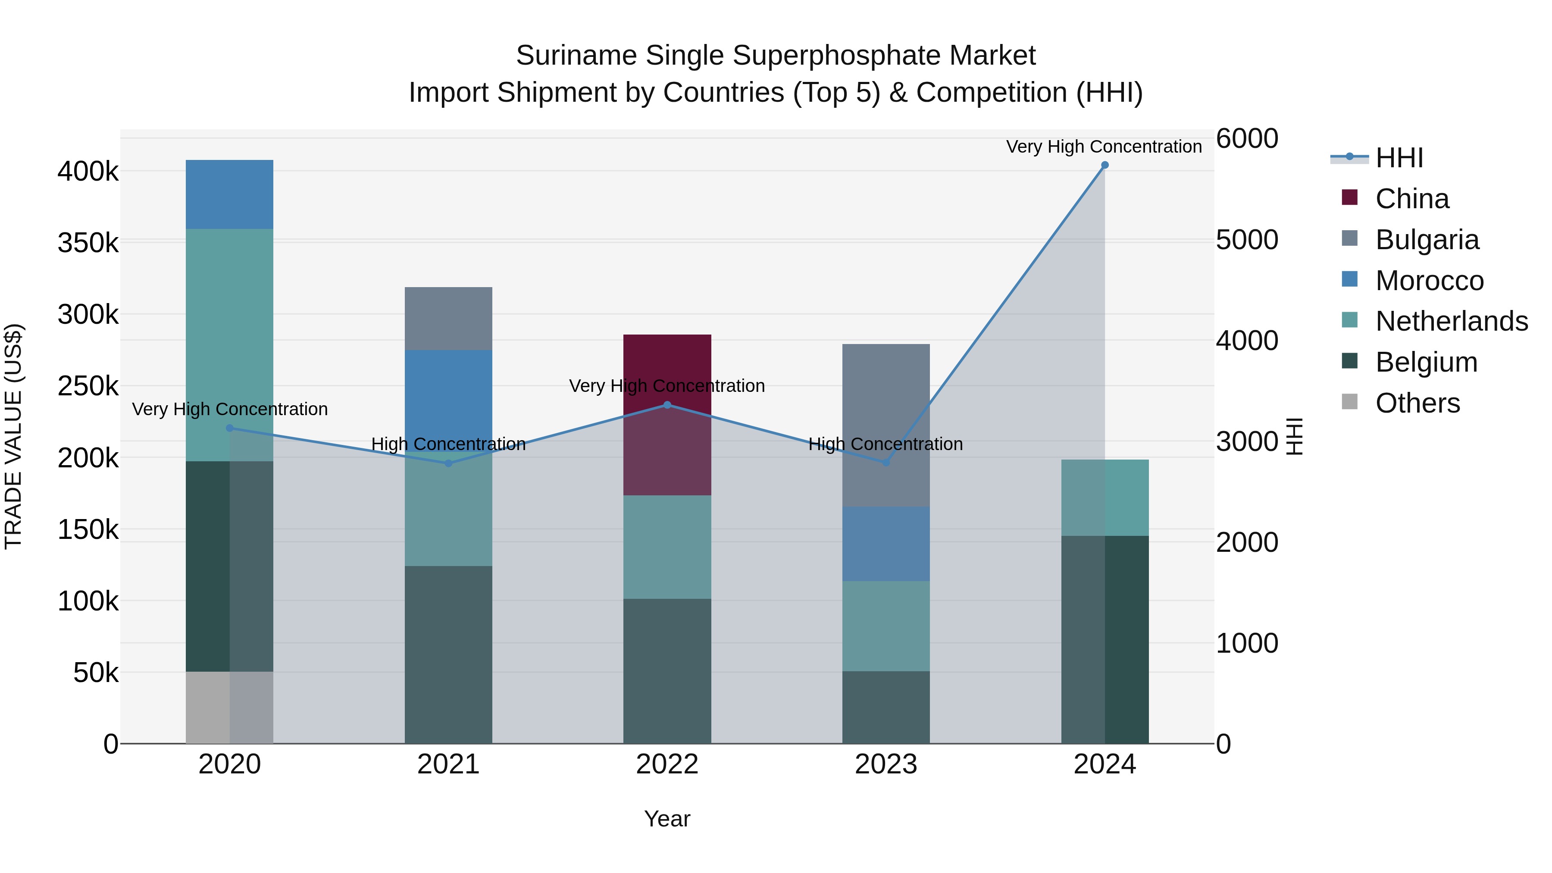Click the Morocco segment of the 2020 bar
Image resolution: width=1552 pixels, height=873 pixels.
pos(229,194)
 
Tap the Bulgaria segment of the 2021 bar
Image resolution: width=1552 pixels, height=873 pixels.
pos(448,318)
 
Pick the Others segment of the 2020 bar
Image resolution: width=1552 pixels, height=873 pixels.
pos(229,707)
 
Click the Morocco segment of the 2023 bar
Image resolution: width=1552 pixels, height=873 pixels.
pos(886,544)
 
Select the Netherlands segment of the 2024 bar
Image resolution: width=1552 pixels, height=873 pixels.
pos(1105,498)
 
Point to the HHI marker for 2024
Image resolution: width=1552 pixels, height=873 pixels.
pos(1105,165)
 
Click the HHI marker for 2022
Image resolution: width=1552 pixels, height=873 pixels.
pos(667,405)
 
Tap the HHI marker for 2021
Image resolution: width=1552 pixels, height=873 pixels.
pos(448,463)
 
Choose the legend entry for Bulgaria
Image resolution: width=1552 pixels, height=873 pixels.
pos(1427,240)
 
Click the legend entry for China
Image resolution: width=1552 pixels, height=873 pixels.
pos(1411,199)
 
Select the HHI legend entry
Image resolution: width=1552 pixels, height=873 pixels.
pos(1399,158)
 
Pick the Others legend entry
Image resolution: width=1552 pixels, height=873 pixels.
pos(1417,403)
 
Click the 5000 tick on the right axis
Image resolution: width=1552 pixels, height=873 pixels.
pos(1246,240)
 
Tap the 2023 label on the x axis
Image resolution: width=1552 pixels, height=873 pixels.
pos(886,764)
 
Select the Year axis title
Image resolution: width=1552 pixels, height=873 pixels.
pos(667,819)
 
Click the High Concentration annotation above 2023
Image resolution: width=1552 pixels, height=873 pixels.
pos(886,444)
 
